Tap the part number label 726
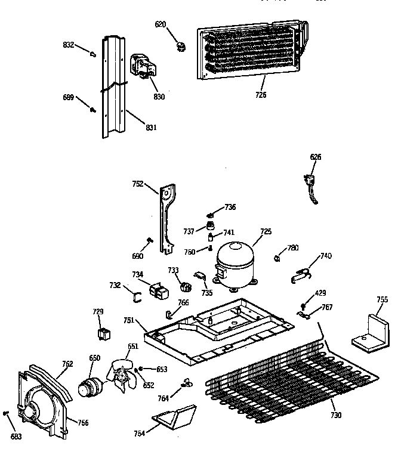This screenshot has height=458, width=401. coord(260,94)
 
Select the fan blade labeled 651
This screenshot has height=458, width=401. coord(123,374)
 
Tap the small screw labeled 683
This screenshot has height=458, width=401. coord(7,413)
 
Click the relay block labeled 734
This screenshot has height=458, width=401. coord(158,292)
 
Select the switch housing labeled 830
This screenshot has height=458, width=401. coord(143,66)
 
